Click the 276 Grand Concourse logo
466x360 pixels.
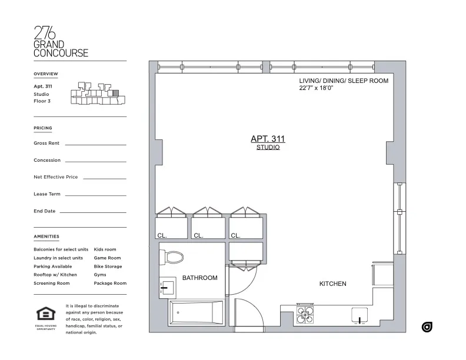point(61,42)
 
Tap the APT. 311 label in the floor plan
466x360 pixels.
point(268,139)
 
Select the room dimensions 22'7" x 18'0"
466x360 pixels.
point(324,89)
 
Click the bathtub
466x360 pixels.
point(196,312)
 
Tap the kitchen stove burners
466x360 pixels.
point(305,316)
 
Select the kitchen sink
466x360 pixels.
point(360,316)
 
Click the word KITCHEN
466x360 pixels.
point(332,284)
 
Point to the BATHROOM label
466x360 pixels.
point(199,278)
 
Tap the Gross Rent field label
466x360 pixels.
point(46,144)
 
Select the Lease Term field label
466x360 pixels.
point(47,194)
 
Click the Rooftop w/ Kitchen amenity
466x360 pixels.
point(55,275)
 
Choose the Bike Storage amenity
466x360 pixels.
point(108,266)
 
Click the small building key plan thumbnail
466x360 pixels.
point(97,95)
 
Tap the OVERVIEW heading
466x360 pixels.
point(46,74)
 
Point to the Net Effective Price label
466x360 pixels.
point(56,177)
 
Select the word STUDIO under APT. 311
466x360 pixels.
point(268,148)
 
